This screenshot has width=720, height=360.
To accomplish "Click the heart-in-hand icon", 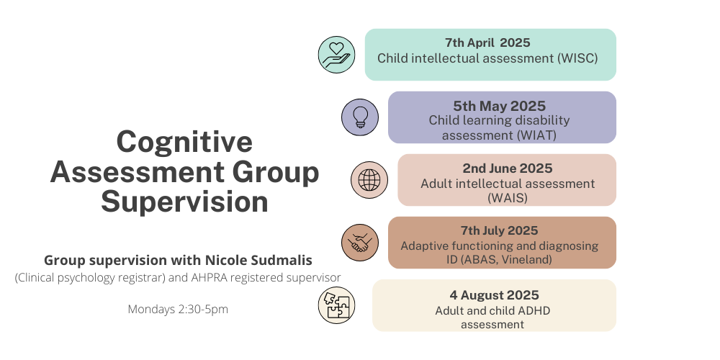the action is pyautogui.click(x=336, y=55).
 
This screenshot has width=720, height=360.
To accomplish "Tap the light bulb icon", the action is pyautogui.click(x=360, y=117).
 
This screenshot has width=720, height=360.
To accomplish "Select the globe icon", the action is pyautogui.click(x=369, y=180).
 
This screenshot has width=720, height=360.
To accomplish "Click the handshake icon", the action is pyautogui.click(x=360, y=243).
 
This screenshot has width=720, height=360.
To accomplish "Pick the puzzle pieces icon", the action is pyautogui.click(x=336, y=305).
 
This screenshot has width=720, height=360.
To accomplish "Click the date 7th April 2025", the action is pyautogui.click(x=487, y=42).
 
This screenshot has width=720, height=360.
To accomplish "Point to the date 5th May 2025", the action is pyautogui.click(x=500, y=106).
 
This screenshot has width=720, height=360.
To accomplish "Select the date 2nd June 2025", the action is pyautogui.click(x=508, y=168).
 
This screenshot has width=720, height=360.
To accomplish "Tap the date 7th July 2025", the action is pyautogui.click(x=500, y=230).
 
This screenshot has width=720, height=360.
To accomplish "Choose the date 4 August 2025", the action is pyautogui.click(x=494, y=295).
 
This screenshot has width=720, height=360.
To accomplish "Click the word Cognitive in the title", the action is pyautogui.click(x=184, y=141).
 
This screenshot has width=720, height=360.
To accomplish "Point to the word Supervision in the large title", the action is pyautogui.click(x=184, y=202).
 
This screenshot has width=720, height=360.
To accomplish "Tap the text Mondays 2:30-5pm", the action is pyautogui.click(x=178, y=310).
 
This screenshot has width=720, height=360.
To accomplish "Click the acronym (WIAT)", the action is pyautogui.click(x=536, y=135).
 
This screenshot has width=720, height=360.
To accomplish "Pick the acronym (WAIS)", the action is pyautogui.click(x=508, y=198).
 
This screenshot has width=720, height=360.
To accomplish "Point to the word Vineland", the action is pyautogui.click(x=526, y=259).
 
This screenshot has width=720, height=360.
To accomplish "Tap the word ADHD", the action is pyautogui.click(x=534, y=311).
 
